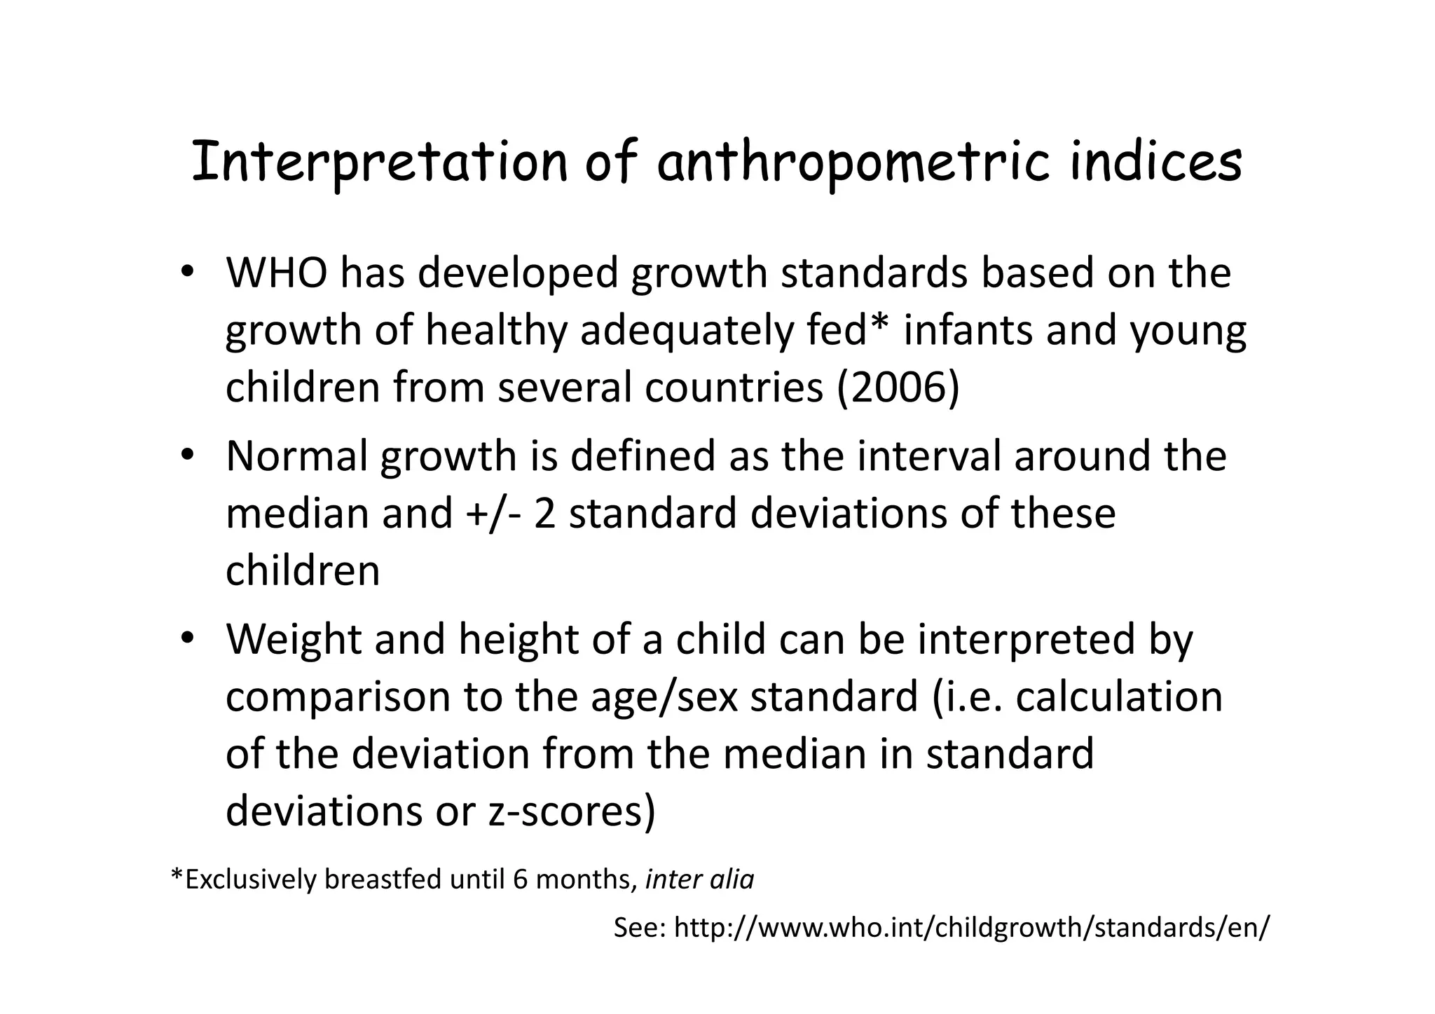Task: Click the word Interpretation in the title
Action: (x=379, y=163)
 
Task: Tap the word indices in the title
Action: (x=1156, y=163)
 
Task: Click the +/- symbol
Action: (x=493, y=513)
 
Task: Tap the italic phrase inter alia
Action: (x=699, y=879)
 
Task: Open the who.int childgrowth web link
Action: (x=971, y=928)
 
